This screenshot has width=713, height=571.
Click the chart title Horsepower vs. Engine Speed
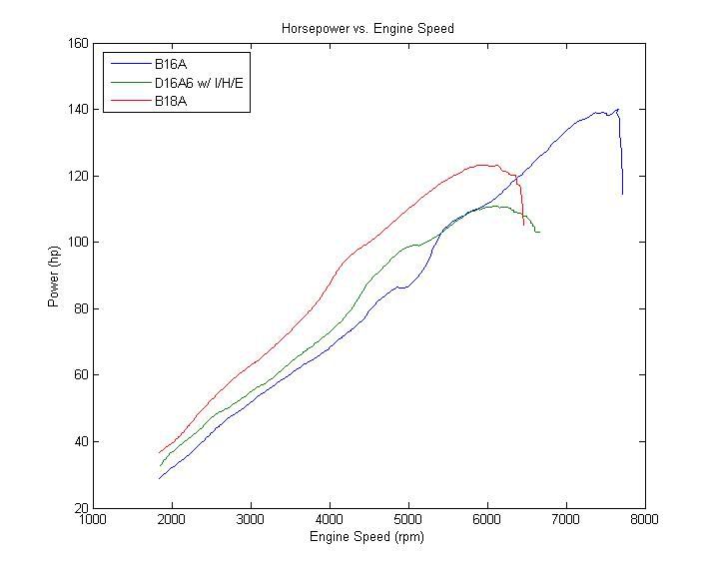(367, 29)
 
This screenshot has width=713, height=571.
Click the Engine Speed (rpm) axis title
(367, 537)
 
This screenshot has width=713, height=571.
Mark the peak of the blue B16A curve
(618, 109)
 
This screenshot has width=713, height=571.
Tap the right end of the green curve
(539, 232)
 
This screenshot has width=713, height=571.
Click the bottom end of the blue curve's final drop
(622, 194)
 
